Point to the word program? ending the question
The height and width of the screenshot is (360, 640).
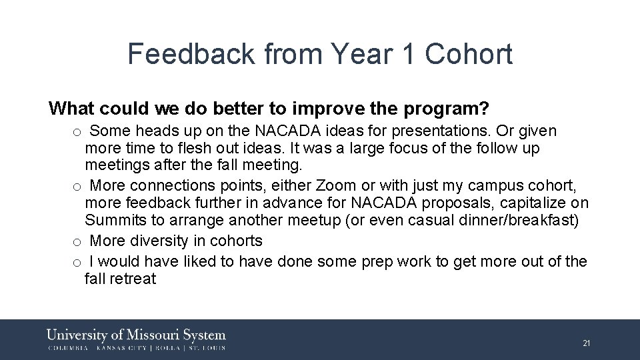click(x=461, y=109)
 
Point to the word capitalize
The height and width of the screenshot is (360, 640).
click(x=526, y=203)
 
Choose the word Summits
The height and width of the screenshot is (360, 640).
click(x=113, y=220)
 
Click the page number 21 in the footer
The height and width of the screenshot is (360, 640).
click(x=587, y=343)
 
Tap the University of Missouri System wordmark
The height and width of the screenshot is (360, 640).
click(x=136, y=335)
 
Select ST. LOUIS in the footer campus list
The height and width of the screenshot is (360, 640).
click(x=206, y=347)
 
